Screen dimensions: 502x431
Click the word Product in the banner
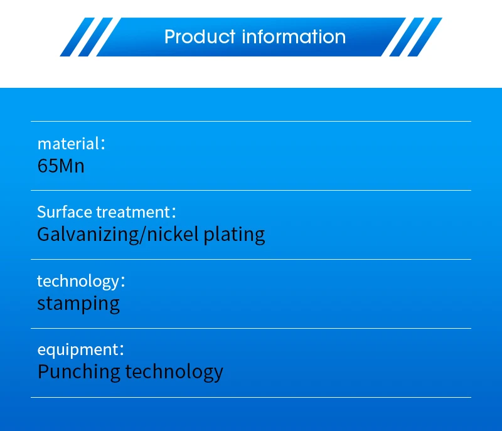pyautogui.click(x=200, y=36)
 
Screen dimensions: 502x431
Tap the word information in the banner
pyautogui.click(x=294, y=36)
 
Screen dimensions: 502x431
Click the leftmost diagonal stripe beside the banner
pyautogui.click(x=77, y=37)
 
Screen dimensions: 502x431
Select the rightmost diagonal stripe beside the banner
pyautogui.click(x=425, y=37)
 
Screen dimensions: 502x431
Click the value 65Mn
pyautogui.click(x=61, y=166)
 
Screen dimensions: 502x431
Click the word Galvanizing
pyautogui.click(x=88, y=235)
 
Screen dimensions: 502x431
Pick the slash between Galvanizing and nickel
pyautogui.click(x=142, y=235)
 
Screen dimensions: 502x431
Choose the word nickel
pyautogui.click(x=173, y=234)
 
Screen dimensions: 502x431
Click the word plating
pyautogui.click(x=234, y=235)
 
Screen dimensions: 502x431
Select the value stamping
pyautogui.click(x=78, y=304)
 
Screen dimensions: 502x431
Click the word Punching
pyautogui.click(x=79, y=372)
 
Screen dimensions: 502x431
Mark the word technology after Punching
pyautogui.click(x=174, y=372)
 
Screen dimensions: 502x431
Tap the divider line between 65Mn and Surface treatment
pyautogui.click(x=251, y=190)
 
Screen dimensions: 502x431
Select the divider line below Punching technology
pyautogui.click(x=251, y=397)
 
